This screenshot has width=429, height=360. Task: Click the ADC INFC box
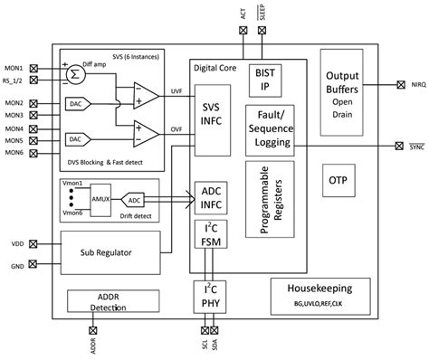point(210,198)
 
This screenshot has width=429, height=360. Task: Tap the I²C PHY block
point(210,297)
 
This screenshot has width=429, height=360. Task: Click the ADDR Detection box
point(107,302)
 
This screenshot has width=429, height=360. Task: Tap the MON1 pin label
point(14,69)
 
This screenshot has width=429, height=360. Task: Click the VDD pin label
point(15,243)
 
